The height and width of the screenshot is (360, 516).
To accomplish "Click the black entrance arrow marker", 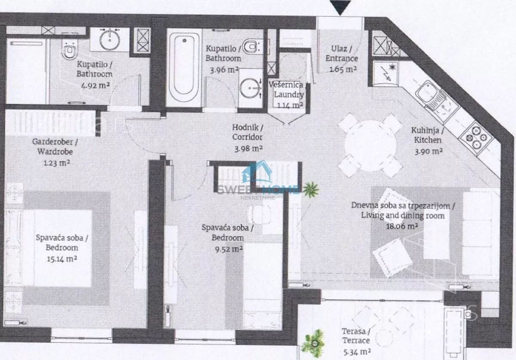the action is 341,7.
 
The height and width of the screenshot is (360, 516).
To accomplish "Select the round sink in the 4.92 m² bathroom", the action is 110,40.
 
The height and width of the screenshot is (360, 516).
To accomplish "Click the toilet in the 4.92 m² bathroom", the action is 69,51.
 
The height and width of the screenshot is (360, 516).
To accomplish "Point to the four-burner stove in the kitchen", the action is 476,138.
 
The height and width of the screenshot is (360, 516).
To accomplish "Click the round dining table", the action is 370,145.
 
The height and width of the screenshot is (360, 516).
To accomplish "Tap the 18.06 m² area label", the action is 402,226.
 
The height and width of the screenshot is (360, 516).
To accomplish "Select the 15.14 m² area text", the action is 62,258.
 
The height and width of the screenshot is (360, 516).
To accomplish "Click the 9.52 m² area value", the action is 229,249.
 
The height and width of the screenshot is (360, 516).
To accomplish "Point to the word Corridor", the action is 247,137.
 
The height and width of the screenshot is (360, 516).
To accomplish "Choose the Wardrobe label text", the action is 55,151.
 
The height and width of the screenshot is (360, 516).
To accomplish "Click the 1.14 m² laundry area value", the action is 290,105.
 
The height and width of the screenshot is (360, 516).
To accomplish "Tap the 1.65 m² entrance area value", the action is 343,69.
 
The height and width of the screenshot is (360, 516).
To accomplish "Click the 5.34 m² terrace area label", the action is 357,352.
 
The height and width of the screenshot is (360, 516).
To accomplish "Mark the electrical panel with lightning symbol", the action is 385,74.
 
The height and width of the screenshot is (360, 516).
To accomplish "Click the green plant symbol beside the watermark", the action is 311,190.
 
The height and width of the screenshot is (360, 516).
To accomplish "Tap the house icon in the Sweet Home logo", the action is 257,172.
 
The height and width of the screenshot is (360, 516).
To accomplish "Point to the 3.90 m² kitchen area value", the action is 428,151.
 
